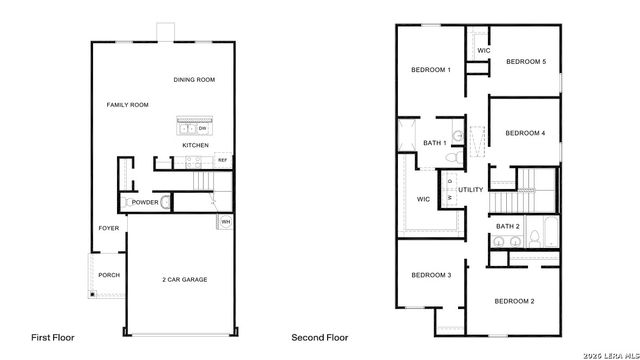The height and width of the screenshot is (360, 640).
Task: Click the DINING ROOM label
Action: pos(194,80)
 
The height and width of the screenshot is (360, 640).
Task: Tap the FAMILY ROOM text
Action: pos(128,104)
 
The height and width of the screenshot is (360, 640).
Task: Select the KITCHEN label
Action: pos(195,146)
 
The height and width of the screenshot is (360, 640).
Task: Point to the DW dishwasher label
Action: pos(202,128)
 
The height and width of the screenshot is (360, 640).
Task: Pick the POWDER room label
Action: pos(145,202)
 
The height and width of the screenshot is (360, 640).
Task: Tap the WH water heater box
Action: pos(226,222)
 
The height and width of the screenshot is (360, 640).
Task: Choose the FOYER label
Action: pos(108,228)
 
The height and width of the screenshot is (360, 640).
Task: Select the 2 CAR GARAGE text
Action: pos(184,279)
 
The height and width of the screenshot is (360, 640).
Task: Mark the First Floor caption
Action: pos(52,338)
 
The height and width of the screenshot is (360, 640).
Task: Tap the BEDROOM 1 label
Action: pos(431,70)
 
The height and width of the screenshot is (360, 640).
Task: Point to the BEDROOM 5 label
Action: pos(526,62)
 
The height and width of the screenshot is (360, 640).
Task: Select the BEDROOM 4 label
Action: pos(525,133)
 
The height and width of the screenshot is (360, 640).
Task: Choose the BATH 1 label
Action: pos(434,143)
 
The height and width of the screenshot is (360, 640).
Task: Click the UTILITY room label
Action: pos(471,190)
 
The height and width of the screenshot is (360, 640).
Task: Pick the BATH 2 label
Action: pos(508,227)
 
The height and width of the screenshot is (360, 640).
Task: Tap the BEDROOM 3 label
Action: pos(431,275)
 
